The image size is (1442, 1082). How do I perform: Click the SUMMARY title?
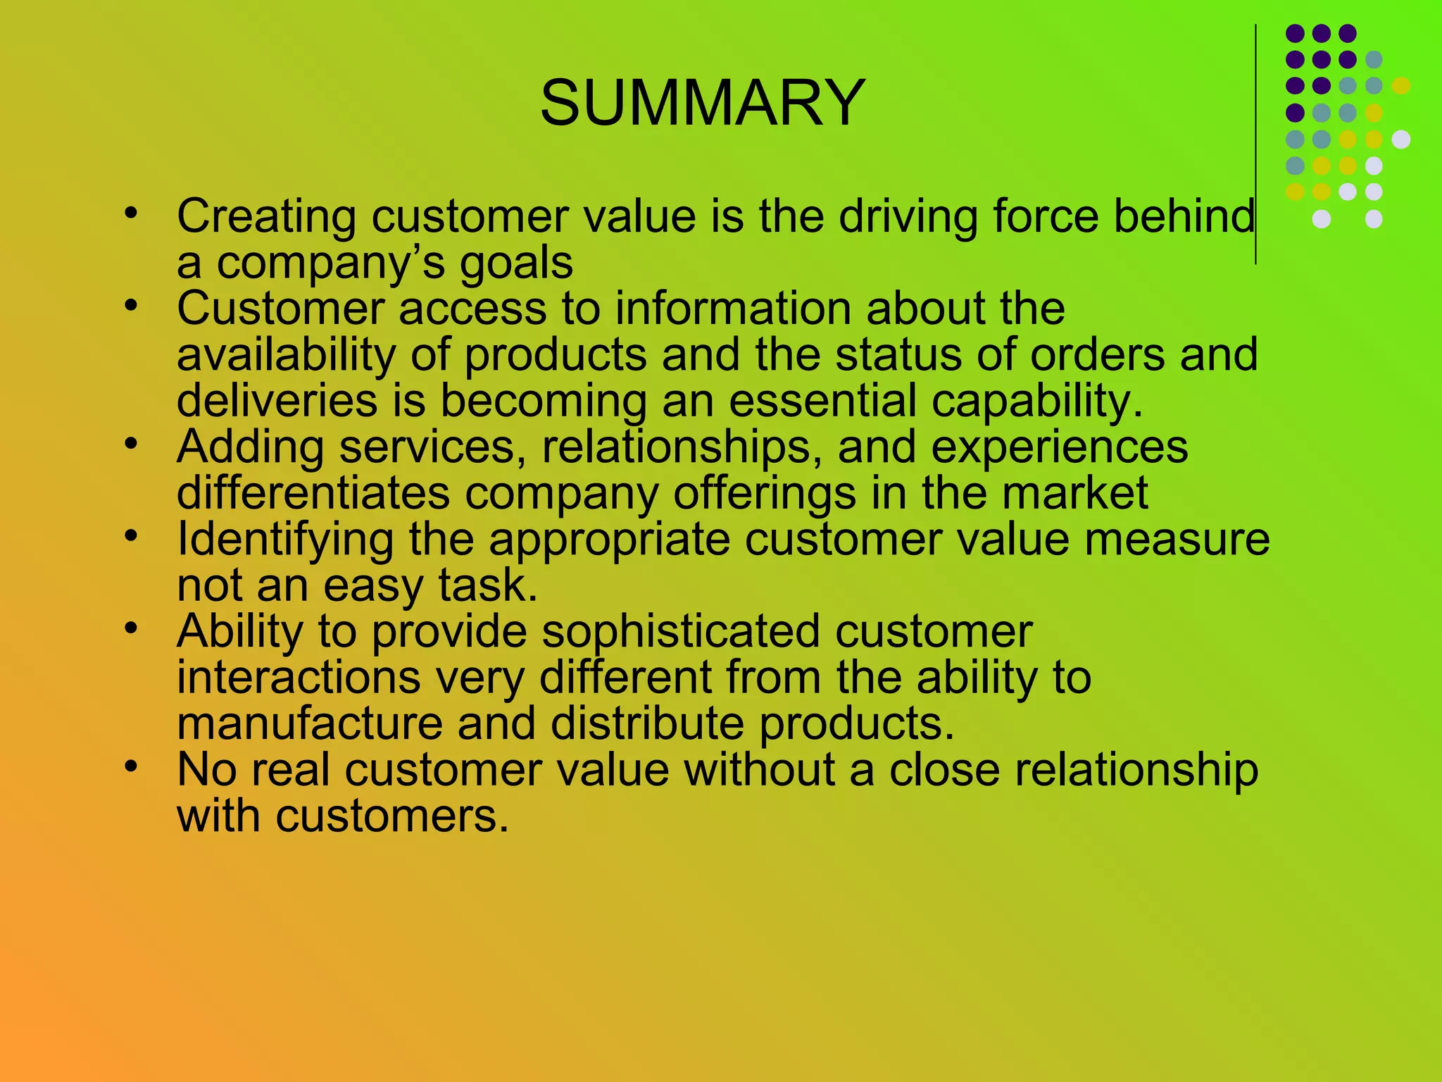point(702,103)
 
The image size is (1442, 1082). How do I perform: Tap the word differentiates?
point(313,492)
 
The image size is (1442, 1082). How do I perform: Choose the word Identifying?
point(285,540)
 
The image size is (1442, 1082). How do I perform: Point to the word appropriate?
point(610,540)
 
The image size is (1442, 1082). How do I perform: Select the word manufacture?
point(309,723)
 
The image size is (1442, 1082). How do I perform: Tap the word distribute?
point(646,723)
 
